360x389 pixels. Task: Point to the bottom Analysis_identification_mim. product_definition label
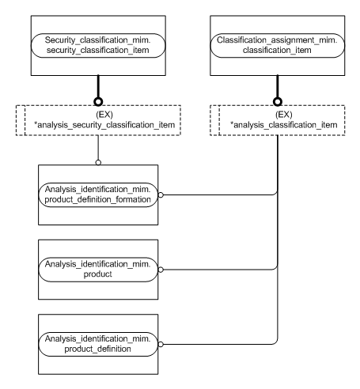(99, 342)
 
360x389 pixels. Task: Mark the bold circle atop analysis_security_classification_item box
(98, 101)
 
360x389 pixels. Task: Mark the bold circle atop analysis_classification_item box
(277, 101)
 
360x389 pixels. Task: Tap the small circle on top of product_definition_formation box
(98, 163)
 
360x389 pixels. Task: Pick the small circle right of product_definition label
(161, 342)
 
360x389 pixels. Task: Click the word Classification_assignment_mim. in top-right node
(277, 37)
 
